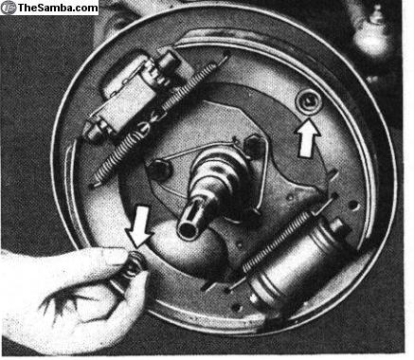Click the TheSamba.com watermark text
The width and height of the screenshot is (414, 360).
[58, 8]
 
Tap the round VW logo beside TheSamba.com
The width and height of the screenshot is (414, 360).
[9, 8]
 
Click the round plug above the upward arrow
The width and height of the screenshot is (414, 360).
[309, 101]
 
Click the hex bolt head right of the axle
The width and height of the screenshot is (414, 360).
[255, 146]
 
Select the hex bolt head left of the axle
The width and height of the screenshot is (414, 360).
[159, 170]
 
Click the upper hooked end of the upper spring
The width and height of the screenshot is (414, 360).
[225, 57]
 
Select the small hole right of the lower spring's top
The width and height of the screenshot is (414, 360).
[354, 206]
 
